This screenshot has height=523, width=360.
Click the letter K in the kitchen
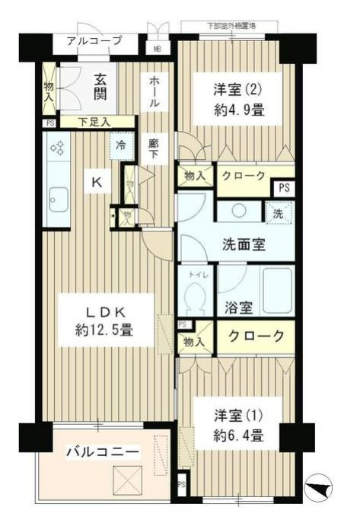click(97, 182)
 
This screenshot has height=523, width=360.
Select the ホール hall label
click(155, 92)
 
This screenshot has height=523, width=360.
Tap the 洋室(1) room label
click(237, 416)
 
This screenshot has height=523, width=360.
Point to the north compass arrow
click(321, 487)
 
